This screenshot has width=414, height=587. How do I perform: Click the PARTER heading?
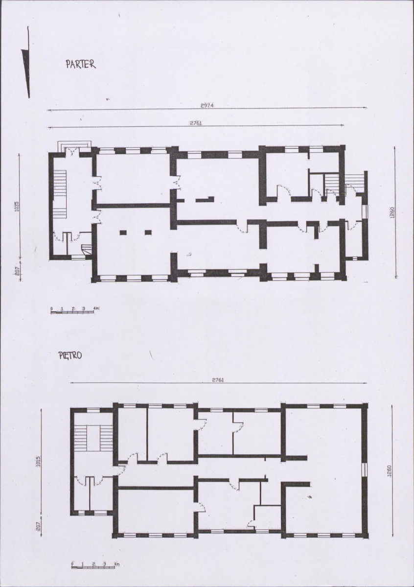[x=80, y=64]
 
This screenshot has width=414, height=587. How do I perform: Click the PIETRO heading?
[x=70, y=355]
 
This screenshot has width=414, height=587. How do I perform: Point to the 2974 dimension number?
[x=207, y=105]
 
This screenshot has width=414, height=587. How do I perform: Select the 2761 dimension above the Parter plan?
[x=196, y=123]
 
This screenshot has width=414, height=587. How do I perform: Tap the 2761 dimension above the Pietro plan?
[x=218, y=379]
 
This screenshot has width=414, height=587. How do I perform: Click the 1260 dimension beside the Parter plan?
[x=392, y=213]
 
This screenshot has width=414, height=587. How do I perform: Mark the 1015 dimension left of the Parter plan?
[x=17, y=207]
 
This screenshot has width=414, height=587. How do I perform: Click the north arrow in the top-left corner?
[x=26, y=62]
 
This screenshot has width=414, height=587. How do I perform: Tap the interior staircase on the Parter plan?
[x=60, y=193]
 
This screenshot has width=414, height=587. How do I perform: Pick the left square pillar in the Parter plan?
[x=123, y=233]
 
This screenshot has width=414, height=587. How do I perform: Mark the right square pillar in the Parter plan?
[x=148, y=233]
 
